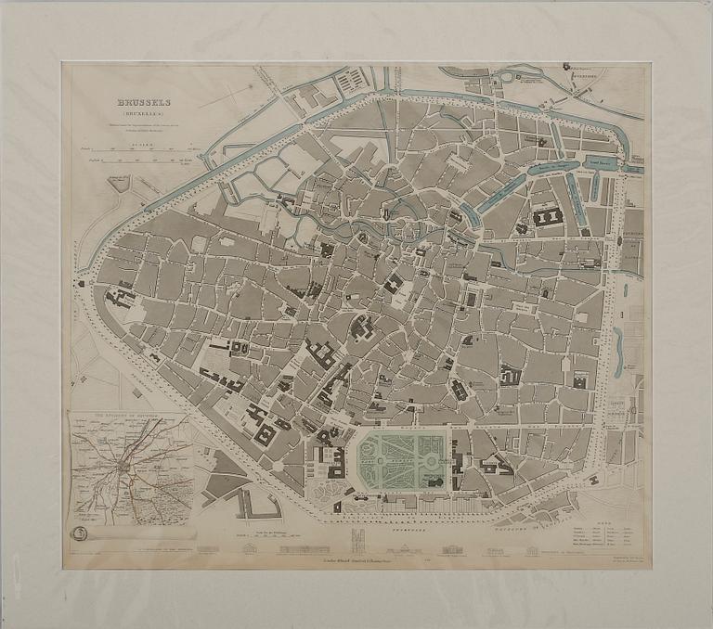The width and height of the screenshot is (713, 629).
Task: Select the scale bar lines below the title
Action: [x=149, y=154]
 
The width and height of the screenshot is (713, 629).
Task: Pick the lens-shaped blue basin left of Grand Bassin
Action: [x=554, y=170]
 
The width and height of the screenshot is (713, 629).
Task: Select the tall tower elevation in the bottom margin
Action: [x=357, y=541]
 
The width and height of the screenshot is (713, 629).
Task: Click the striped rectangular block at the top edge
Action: [x=350, y=81]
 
